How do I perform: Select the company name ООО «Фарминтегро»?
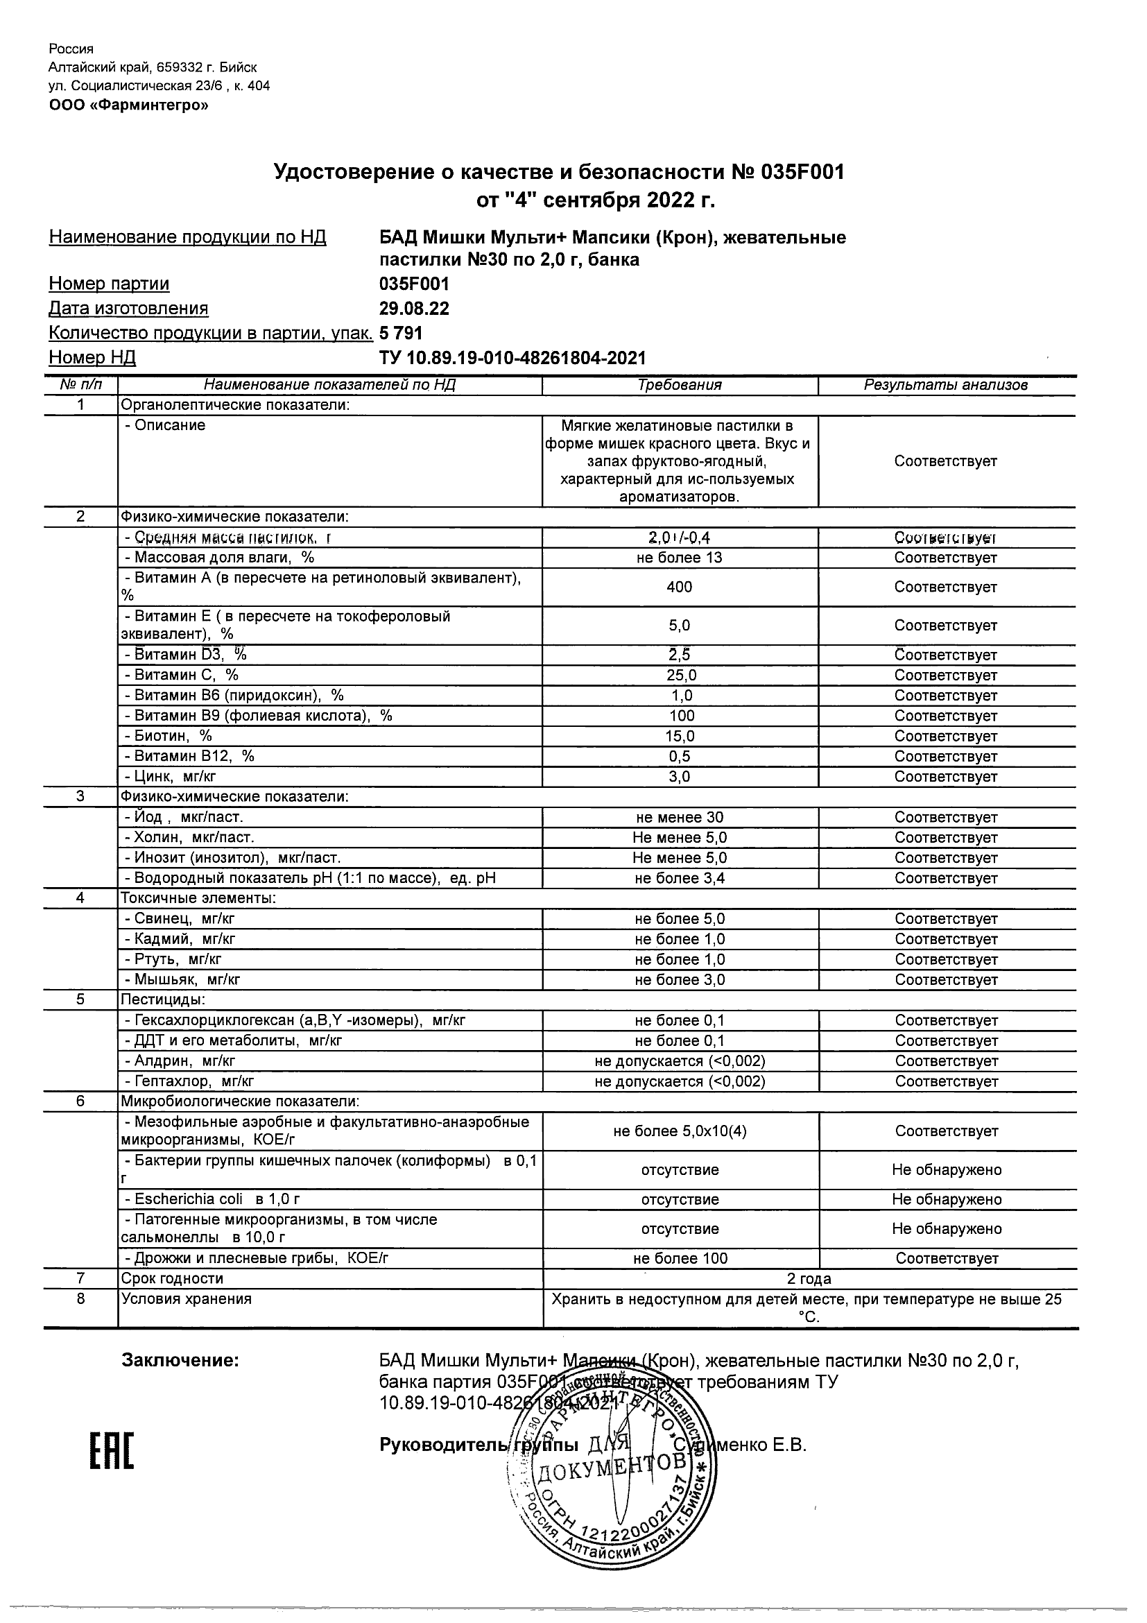click(x=128, y=105)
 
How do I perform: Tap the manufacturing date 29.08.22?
click(x=414, y=308)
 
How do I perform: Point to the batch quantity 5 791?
click(x=401, y=333)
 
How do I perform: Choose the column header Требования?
click(x=679, y=385)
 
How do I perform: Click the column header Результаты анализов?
click(x=945, y=385)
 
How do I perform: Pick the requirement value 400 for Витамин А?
click(x=679, y=587)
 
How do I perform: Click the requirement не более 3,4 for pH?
click(x=680, y=879)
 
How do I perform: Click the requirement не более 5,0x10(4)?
click(x=680, y=1131)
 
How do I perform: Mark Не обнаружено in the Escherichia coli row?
click(x=947, y=1200)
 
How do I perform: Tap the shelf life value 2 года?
click(x=809, y=1279)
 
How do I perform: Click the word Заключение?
click(x=180, y=1361)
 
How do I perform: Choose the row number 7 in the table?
click(x=80, y=1278)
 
